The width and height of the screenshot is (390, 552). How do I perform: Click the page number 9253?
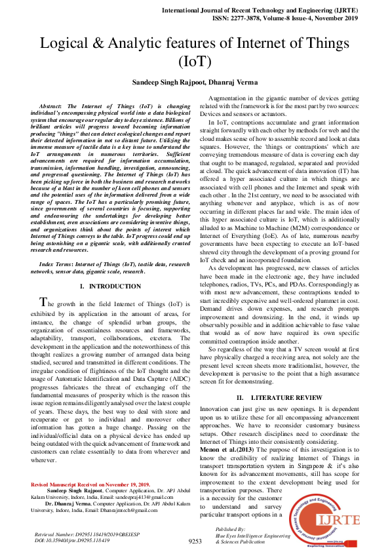(195, 542)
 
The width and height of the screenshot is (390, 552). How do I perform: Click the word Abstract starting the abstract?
(52, 106)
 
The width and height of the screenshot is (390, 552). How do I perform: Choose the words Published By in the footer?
(230, 528)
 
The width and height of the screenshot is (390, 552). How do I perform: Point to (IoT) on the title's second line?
(195, 62)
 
